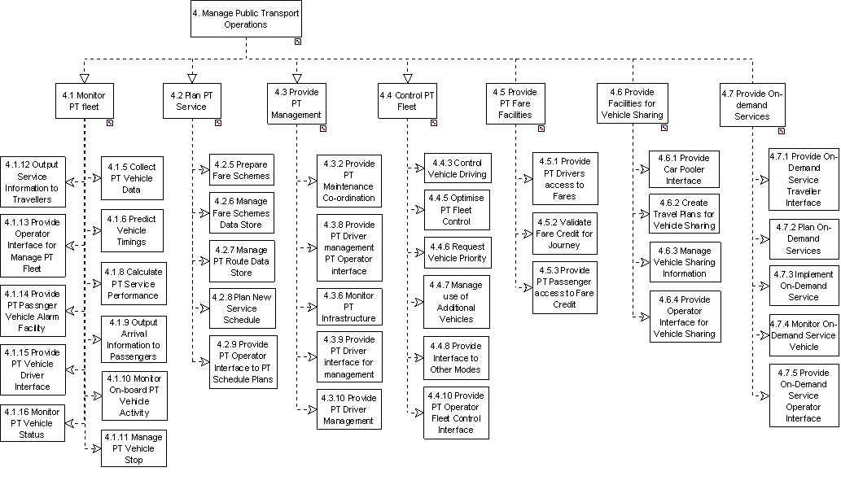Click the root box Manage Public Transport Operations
pos(246,19)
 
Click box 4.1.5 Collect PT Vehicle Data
pos(130,178)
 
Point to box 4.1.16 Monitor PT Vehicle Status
pos(33,423)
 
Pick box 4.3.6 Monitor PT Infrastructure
pos(348,307)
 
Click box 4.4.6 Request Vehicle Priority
pos(457,252)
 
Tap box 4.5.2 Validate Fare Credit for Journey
pos(565,234)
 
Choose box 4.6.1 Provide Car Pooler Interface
pos(684,169)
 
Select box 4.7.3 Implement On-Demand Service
pos(804,286)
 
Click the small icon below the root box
pos(298,40)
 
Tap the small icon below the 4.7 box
pos(781,130)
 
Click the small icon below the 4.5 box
pos(542,128)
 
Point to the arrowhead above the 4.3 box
pos(298,78)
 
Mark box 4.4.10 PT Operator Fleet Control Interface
pos(456,413)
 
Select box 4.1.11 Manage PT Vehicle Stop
pos(134,448)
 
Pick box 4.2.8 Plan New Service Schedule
pos(242,308)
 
